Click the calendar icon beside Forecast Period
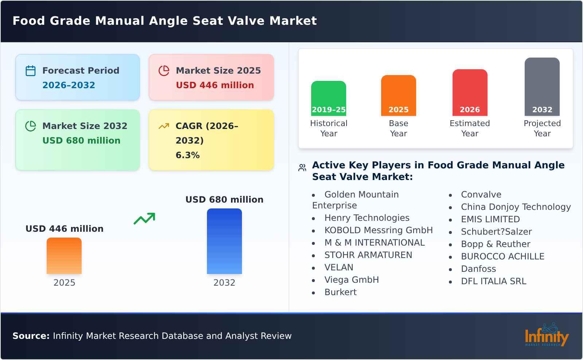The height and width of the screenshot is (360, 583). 31,71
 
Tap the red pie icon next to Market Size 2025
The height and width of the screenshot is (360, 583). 164,71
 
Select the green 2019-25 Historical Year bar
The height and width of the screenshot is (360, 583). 328,98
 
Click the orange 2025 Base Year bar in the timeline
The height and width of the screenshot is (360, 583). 398,95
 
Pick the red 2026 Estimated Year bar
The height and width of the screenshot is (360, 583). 470,93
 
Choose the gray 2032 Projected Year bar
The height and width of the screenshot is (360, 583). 542,87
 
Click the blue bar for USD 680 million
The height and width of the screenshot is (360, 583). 224,241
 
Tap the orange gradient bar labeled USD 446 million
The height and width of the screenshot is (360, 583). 64,256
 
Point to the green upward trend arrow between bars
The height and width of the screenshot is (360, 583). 145,219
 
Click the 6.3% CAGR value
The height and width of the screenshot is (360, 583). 187,155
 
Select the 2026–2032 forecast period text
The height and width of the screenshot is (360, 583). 69,85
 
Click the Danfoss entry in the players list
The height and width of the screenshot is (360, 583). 478,269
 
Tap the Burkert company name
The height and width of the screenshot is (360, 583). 340,292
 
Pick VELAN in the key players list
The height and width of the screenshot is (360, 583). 339,267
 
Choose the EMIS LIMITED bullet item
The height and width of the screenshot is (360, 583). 490,219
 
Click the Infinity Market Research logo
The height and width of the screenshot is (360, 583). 546,335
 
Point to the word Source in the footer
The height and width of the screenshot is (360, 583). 31,336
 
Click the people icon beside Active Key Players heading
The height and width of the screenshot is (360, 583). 302,168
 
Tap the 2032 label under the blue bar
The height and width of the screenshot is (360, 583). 224,283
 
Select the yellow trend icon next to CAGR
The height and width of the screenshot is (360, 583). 164,126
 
